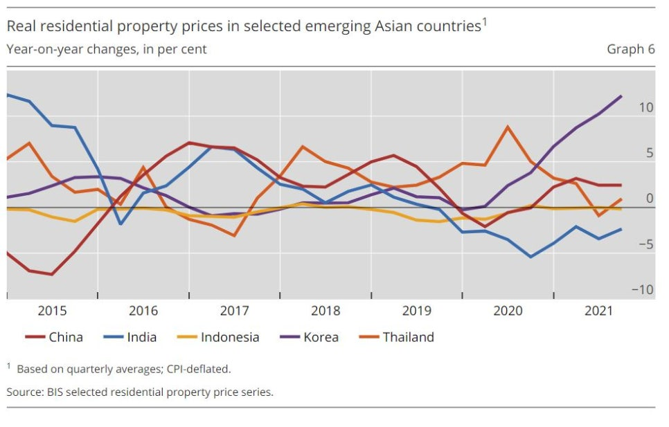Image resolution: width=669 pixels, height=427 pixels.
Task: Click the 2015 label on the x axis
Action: (52, 311)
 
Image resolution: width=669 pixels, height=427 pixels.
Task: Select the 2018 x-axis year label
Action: (325, 311)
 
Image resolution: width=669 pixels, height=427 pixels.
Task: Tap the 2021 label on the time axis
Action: (599, 311)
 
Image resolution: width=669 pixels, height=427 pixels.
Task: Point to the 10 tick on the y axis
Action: (645, 107)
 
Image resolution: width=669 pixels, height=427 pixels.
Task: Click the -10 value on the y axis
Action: (643, 289)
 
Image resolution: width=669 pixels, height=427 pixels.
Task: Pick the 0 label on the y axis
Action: (649, 199)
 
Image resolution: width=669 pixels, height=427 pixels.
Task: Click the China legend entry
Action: (65, 338)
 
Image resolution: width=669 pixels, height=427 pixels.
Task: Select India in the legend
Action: (141, 338)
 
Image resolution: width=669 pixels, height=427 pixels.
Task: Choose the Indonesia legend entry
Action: (229, 338)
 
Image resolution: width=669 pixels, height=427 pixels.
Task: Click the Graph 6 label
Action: (630, 49)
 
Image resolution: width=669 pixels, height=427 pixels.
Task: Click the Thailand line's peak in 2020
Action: (508, 127)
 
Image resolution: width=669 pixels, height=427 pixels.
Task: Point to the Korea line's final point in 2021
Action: (621, 96)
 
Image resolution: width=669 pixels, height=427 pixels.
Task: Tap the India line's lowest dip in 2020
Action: (530, 257)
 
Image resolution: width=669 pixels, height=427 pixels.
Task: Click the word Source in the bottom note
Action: (25, 392)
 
